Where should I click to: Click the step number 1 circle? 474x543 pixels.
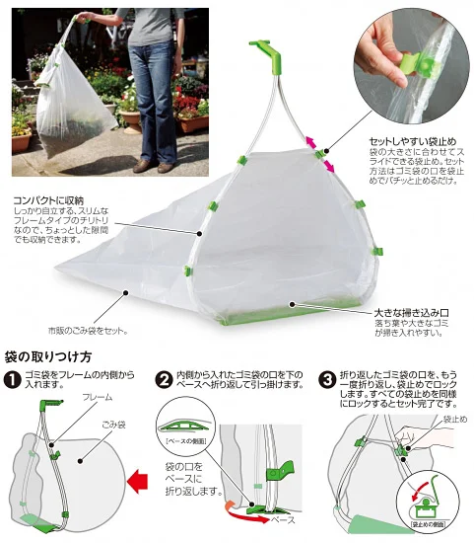point(11,378)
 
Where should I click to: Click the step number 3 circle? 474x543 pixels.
point(325,378)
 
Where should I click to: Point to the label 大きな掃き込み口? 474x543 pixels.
point(408,311)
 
